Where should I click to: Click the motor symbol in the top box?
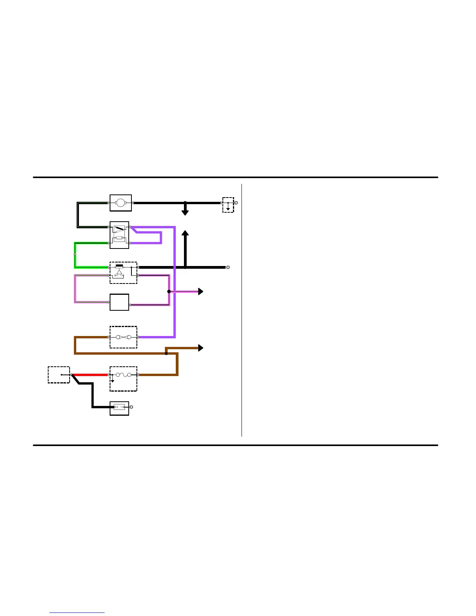pyautogui.click(x=121, y=203)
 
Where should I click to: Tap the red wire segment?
pyautogui.click(x=89, y=375)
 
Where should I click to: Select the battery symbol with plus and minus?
pyautogui.click(x=119, y=407)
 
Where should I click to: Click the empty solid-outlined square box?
pyautogui.click(x=119, y=302)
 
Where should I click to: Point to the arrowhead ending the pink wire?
pyautogui.click(x=201, y=291)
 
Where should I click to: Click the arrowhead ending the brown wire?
pyautogui.click(x=201, y=348)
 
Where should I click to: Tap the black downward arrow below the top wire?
pyautogui.click(x=185, y=212)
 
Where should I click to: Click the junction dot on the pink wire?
pyautogui.click(x=169, y=291)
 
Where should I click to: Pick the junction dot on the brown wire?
pyautogui.click(x=166, y=353)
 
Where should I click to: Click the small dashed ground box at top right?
pyautogui.click(x=228, y=205)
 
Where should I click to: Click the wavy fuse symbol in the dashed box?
pyautogui.click(x=123, y=375)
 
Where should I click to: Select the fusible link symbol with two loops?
pyautogui.click(x=123, y=337)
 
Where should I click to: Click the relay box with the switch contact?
pyautogui.click(x=119, y=235)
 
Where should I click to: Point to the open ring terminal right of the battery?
pyautogui.click(x=131, y=407)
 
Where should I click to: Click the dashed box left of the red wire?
pyautogui.click(x=59, y=375)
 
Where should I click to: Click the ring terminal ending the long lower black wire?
pyautogui.click(x=228, y=268)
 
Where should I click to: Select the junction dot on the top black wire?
pyautogui.click(x=185, y=203)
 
